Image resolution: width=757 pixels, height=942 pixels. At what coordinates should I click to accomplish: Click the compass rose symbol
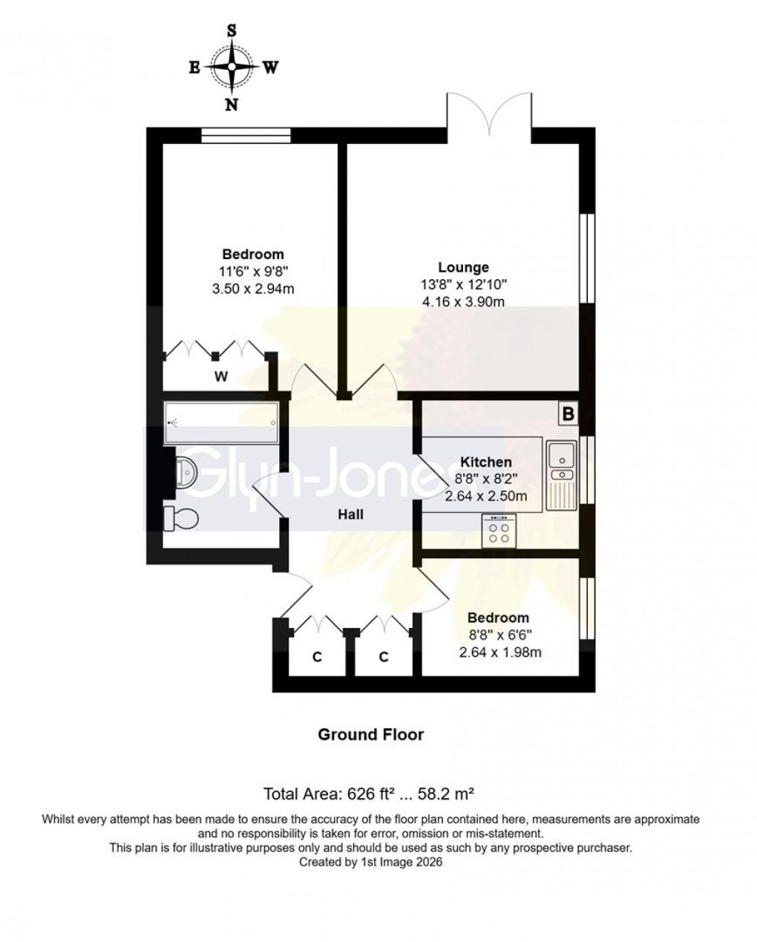tap(232, 68)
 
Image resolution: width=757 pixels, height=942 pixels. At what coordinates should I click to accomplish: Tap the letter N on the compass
tap(232, 105)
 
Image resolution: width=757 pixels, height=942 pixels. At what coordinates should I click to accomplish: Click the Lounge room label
tap(463, 267)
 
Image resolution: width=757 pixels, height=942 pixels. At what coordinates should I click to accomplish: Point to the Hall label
tap(350, 514)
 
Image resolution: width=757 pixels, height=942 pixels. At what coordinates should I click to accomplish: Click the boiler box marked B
tap(568, 414)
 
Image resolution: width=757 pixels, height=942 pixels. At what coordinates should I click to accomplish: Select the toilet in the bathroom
tap(180, 518)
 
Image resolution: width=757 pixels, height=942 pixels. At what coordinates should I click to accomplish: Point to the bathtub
tap(221, 424)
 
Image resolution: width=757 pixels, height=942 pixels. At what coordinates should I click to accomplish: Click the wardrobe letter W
tap(220, 377)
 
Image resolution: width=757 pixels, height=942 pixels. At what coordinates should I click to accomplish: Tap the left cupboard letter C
tap(316, 656)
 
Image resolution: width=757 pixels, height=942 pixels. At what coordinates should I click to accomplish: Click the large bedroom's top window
tap(246, 134)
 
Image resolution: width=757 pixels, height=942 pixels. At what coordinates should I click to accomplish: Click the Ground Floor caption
tap(370, 734)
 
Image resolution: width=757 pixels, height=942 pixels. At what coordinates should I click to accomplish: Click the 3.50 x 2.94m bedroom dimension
tap(253, 288)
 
